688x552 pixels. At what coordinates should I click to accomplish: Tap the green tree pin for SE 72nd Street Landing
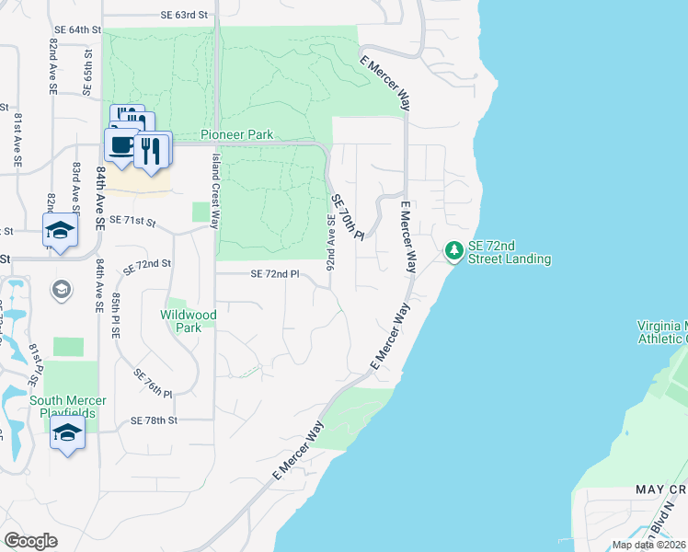point(453,250)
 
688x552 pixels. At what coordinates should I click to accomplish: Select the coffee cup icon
point(120,145)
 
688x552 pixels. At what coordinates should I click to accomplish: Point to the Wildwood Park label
point(188,321)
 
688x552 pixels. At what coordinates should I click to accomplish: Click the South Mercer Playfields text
point(68,408)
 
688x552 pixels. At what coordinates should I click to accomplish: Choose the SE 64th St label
point(75,30)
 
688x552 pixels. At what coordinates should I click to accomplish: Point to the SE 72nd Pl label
point(275,274)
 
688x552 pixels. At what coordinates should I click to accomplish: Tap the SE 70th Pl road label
point(349,217)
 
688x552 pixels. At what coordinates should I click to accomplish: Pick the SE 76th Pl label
point(153,383)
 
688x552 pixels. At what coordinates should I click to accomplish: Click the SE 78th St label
point(153,420)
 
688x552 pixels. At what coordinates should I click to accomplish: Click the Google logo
point(30,541)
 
